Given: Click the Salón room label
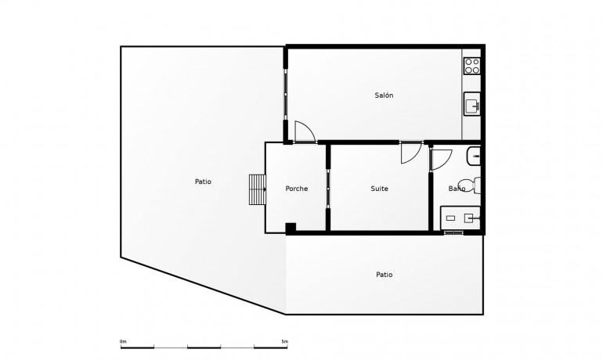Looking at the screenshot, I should (x=384, y=95).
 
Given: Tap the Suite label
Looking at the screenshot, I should (x=379, y=189).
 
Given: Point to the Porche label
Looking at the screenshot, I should (x=296, y=189).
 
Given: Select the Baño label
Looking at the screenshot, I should (x=457, y=189).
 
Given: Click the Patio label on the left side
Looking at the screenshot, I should (x=203, y=182).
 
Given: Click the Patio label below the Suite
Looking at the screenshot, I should (x=384, y=275).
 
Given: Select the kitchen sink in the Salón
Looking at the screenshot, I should (x=471, y=104).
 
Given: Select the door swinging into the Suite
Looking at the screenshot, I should (x=410, y=153).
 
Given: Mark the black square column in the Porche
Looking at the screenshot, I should (x=291, y=228).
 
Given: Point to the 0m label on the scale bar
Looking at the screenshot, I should (x=123, y=341).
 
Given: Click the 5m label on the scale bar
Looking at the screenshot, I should (x=284, y=341).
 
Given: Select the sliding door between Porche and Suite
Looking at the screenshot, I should (x=328, y=189).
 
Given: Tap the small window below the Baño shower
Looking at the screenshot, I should (x=454, y=233).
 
